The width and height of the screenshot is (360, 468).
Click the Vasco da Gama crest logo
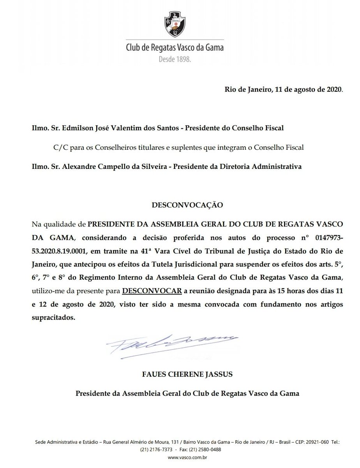point(175,24)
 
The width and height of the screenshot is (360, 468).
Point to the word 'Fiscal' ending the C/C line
point(295,147)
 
